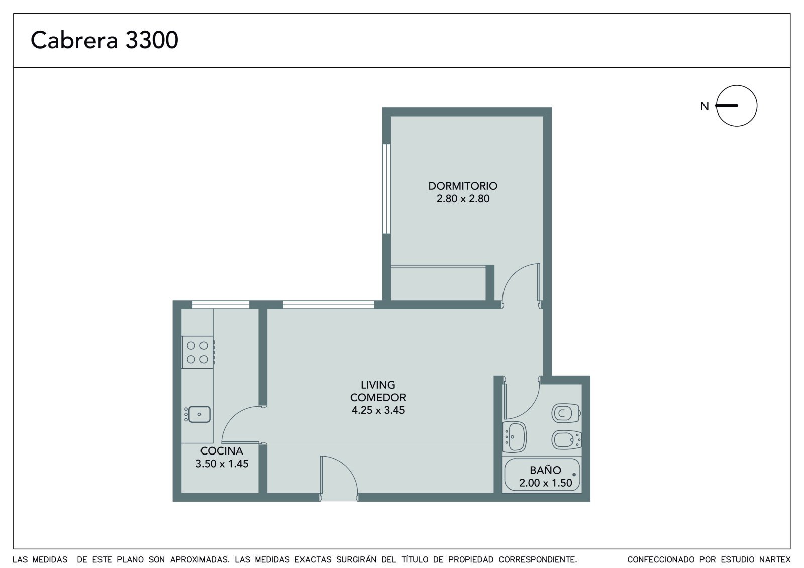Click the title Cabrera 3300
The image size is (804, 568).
click(104, 40)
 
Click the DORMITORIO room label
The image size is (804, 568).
click(463, 186)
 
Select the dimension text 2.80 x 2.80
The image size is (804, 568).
click(463, 198)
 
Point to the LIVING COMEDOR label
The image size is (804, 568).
click(378, 391)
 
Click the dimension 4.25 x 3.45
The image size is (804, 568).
click(378, 410)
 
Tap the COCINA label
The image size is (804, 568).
click(222, 450)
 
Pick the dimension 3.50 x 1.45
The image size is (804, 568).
click(222, 464)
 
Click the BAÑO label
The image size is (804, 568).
click(545, 470)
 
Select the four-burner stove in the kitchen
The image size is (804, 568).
click(198, 352)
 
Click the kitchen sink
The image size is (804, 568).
click(197, 414)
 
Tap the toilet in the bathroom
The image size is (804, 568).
click(566, 413)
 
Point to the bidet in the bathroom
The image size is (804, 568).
click(566, 439)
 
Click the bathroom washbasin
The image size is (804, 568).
click(515, 437)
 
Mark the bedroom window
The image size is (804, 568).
click(386, 189)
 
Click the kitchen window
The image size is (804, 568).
click(221, 305)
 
